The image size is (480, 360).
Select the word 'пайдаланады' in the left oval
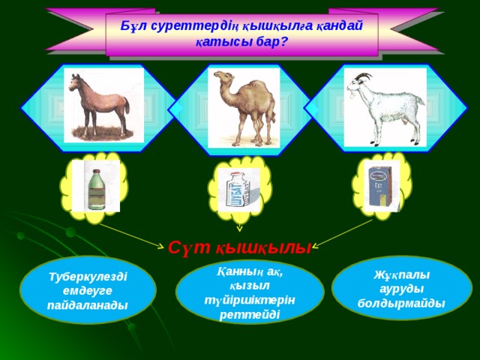88,304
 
